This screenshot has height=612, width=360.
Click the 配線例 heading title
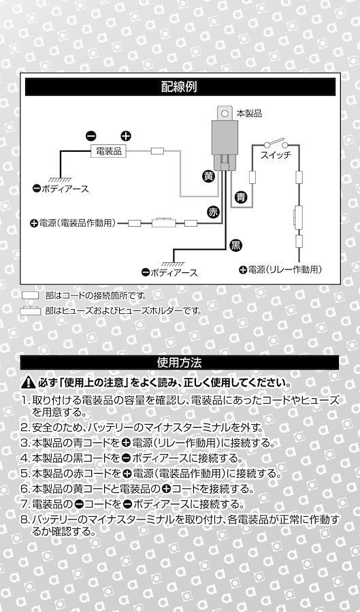pos(179,86)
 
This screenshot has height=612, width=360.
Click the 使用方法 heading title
pos(179,363)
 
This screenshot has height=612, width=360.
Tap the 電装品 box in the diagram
pos(108,151)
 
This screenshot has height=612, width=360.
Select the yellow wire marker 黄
pos(209,176)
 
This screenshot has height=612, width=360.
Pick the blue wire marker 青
pos(242,197)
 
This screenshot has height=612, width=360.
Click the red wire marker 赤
pos(213,212)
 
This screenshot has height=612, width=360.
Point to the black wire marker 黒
pos(235,245)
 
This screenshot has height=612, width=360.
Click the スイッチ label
pos(276,155)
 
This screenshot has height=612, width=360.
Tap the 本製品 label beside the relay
pos(249,114)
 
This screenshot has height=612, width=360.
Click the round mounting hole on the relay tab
pos(225,113)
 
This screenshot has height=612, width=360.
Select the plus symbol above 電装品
pos(126,136)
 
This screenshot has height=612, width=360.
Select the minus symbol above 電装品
pos(91,136)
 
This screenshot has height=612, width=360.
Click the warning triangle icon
pos(28,383)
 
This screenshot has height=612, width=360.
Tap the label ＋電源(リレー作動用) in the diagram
pos(280,270)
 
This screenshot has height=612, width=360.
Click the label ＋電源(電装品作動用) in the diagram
pos(73,223)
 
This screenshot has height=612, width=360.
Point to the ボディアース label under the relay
pos(169,273)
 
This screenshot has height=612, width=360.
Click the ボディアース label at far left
pos(61,189)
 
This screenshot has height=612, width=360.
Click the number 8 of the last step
pos(24,520)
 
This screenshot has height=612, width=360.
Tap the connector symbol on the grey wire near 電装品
pos(158,151)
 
